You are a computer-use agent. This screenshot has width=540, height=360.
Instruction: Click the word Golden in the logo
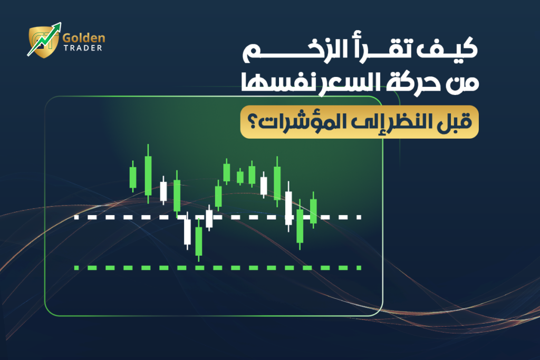coord(84,38)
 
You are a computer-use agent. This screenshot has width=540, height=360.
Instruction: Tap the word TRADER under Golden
coord(83,48)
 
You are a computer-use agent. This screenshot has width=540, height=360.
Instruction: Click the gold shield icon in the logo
coord(43,42)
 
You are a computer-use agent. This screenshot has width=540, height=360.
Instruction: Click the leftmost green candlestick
coord(132,177)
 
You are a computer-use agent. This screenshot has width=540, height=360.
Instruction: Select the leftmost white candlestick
coord(163,191)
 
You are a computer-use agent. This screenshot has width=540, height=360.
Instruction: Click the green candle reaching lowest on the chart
coord(199,240)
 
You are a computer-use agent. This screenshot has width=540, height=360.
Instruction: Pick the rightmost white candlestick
coord(288,208)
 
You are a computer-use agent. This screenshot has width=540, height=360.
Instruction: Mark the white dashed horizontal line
coord(218,217)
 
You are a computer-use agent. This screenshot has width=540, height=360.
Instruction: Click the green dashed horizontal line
coord(218,268)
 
